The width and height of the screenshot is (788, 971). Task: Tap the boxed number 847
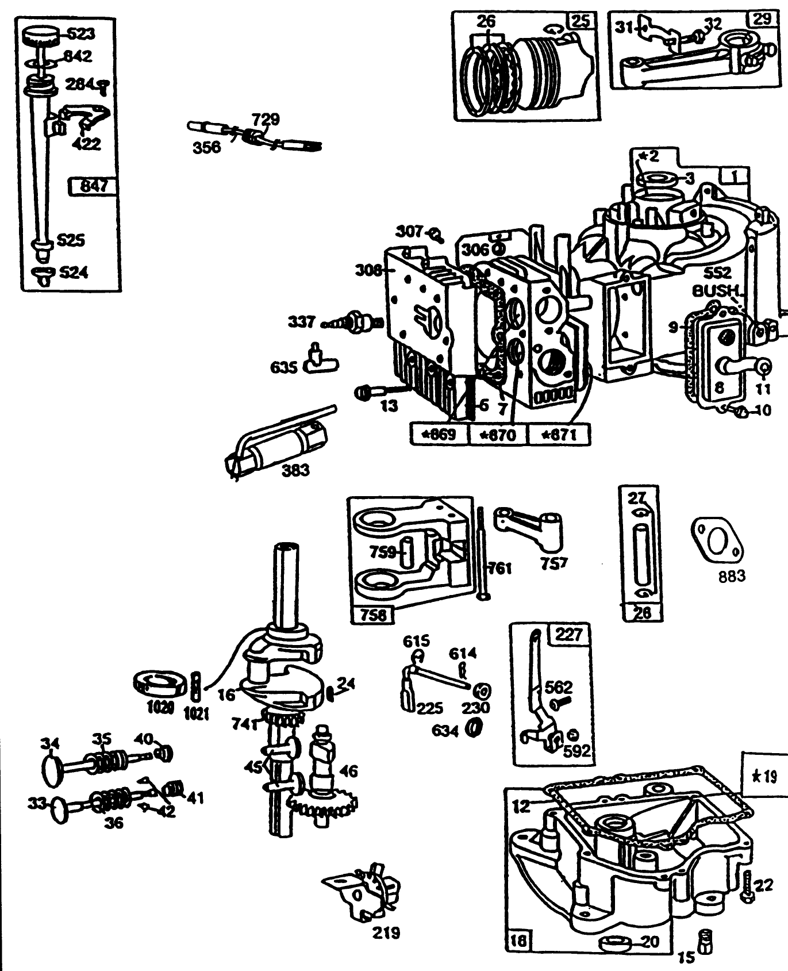pos(94,187)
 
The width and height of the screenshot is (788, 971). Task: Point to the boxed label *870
pos(498,434)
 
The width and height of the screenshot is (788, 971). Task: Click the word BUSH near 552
pos(714,290)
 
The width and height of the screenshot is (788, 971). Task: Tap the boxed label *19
pos(765,777)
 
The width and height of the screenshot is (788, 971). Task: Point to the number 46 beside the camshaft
pos(349,770)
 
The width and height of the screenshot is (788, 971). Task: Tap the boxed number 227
pos(569,634)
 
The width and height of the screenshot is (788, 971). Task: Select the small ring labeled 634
pos(474,728)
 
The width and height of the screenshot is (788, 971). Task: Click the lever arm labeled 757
pos(532,526)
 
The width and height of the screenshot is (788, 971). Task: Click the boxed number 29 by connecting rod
pos(762,19)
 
